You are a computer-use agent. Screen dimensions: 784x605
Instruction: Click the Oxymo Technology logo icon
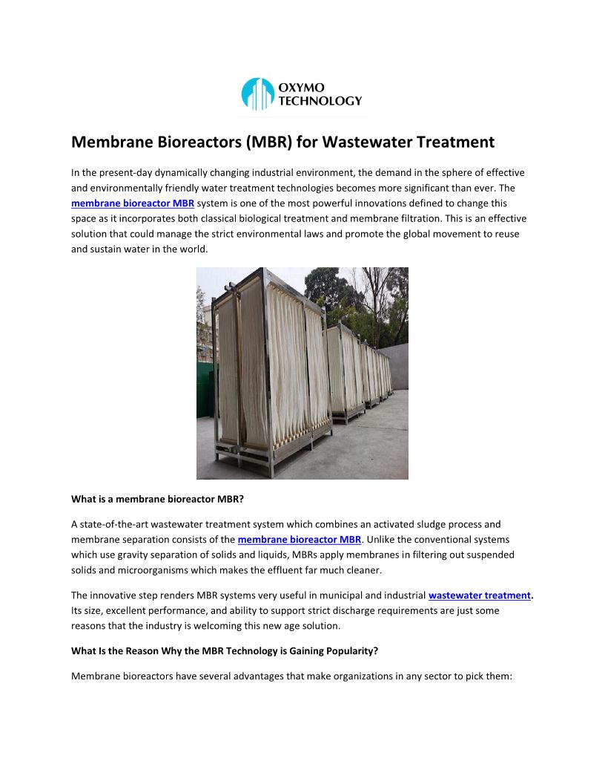(258, 94)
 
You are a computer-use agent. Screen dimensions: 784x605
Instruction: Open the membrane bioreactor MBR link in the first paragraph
(133, 203)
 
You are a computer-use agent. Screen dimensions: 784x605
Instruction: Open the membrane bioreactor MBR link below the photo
(299, 539)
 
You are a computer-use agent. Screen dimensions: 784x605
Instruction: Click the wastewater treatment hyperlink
(480, 595)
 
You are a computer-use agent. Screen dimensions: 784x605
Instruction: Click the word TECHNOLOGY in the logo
(320, 101)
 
